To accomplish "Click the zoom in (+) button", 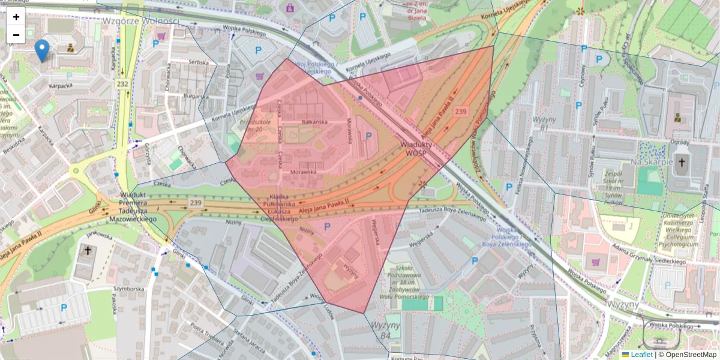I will point(16,17).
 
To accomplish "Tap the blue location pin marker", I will point(42,50).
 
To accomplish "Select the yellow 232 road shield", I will point(123,85).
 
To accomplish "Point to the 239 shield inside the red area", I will point(461,112).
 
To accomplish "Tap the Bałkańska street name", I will point(315,122).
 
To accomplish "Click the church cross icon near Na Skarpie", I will point(681,162).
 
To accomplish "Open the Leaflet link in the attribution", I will point(641,355).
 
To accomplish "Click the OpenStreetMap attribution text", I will point(686,355).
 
